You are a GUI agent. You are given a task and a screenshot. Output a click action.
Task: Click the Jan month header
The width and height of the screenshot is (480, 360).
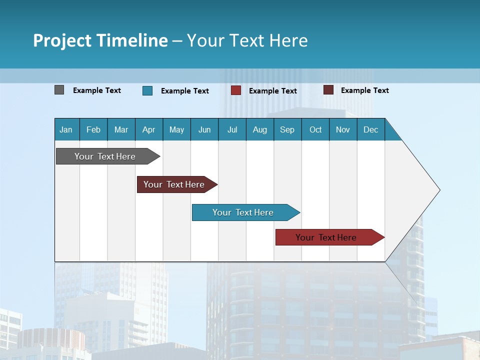66,129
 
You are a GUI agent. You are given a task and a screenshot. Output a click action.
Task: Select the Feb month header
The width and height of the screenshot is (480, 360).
93,129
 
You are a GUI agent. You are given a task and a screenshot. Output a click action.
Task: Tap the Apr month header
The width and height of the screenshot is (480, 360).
148,129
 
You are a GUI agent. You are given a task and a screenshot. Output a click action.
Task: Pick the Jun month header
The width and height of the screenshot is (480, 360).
204,129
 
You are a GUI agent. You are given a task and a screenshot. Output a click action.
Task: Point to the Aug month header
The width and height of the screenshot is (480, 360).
259,129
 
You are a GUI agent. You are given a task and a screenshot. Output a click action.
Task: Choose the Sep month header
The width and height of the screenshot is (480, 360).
287,129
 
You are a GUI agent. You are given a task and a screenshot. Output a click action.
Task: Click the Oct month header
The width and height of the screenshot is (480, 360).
315,129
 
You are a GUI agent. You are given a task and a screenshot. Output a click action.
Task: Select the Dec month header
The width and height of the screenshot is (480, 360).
370,129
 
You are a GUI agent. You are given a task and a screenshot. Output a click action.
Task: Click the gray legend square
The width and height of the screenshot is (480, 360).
59,90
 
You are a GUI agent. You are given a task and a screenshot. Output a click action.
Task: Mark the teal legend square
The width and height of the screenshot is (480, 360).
147,90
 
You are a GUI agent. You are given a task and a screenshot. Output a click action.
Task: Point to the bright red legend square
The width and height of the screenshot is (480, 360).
236,90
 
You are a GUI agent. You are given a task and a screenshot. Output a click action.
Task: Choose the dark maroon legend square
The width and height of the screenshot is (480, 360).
328,90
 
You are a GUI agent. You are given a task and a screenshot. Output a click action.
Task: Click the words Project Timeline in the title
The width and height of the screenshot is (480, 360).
100,40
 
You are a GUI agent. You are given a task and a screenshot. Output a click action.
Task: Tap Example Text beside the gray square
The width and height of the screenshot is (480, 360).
97,90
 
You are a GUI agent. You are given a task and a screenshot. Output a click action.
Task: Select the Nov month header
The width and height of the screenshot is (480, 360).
343,129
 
